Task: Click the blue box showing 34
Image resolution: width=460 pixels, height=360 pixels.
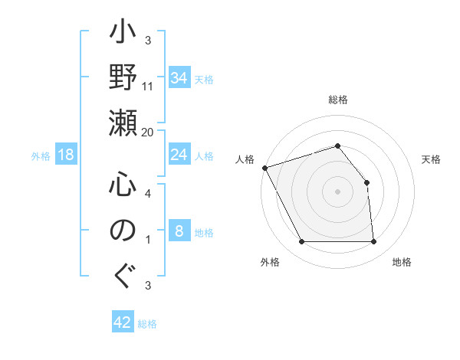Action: click(x=179, y=78)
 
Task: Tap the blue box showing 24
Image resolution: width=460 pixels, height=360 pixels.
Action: click(x=179, y=155)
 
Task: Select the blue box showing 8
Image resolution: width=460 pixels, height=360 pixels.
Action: click(x=179, y=231)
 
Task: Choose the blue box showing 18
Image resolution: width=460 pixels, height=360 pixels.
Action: click(x=66, y=155)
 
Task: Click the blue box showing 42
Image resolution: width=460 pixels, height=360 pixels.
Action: click(x=123, y=322)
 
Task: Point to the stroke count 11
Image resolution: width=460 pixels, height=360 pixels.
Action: click(x=149, y=86)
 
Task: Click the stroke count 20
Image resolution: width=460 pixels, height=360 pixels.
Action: click(x=149, y=132)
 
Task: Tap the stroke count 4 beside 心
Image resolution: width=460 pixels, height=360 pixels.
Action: click(x=148, y=194)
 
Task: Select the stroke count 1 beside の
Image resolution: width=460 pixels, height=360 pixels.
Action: click(x=148, y=241)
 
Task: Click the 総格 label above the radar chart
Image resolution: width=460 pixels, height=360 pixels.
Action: click(x=338, y=100)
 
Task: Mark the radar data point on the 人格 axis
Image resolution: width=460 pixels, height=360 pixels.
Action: click(x=264, y=168)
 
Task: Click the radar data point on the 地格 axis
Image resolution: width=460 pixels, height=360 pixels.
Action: click(x=374, y=242)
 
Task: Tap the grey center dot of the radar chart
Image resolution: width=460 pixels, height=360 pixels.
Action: click(x=338, y=191)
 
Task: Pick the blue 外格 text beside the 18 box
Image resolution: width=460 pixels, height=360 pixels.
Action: click(x=41, y=156)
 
